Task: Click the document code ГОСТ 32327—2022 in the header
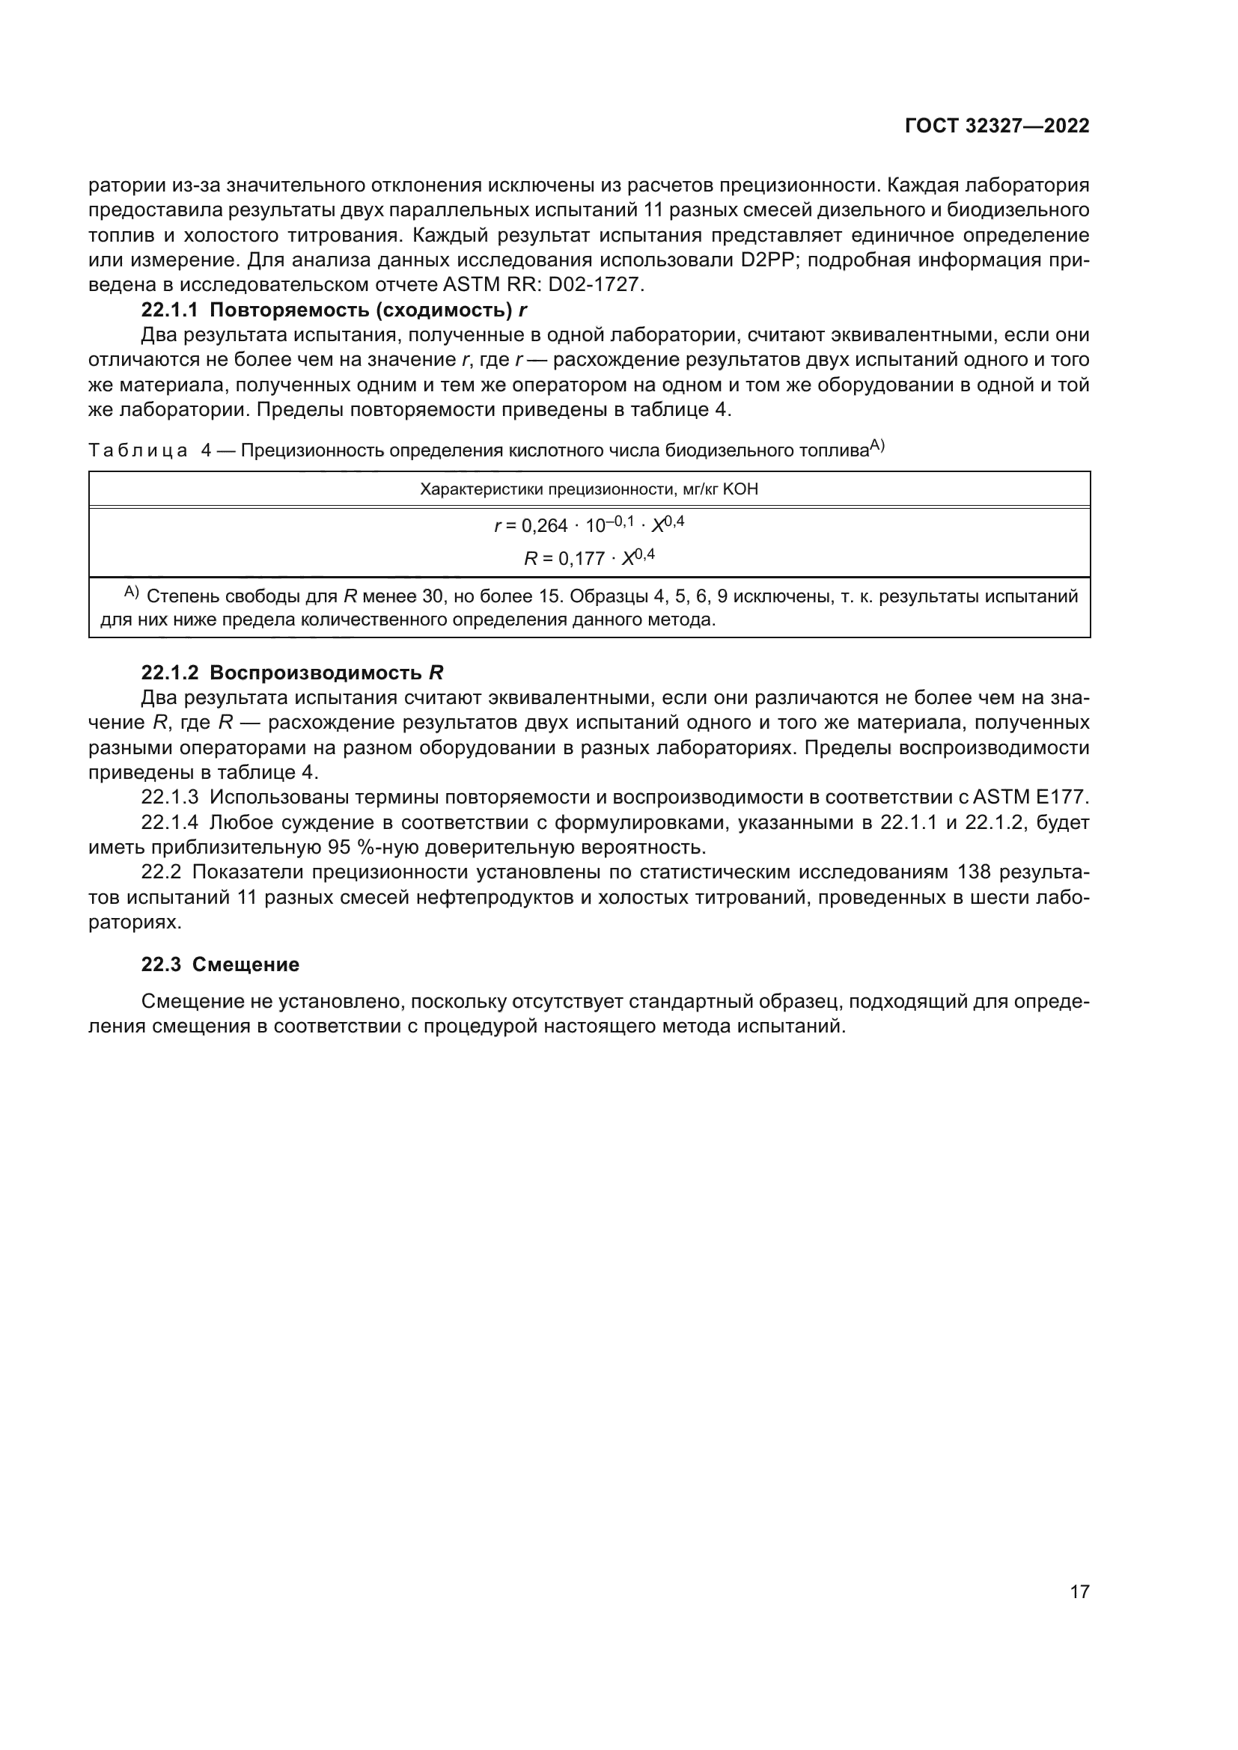(996, 126)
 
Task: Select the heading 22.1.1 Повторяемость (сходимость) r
(334, 310)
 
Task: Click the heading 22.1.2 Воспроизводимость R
(292, 673)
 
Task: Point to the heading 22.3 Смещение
(220, 964)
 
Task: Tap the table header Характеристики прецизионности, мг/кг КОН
(588, 489)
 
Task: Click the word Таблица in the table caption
(138, 450)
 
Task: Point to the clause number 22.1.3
(169, 798)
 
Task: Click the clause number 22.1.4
(169, 822)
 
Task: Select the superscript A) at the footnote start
(131, 593)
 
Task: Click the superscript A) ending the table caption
(876, 445)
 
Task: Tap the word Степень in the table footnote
(180, 596)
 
